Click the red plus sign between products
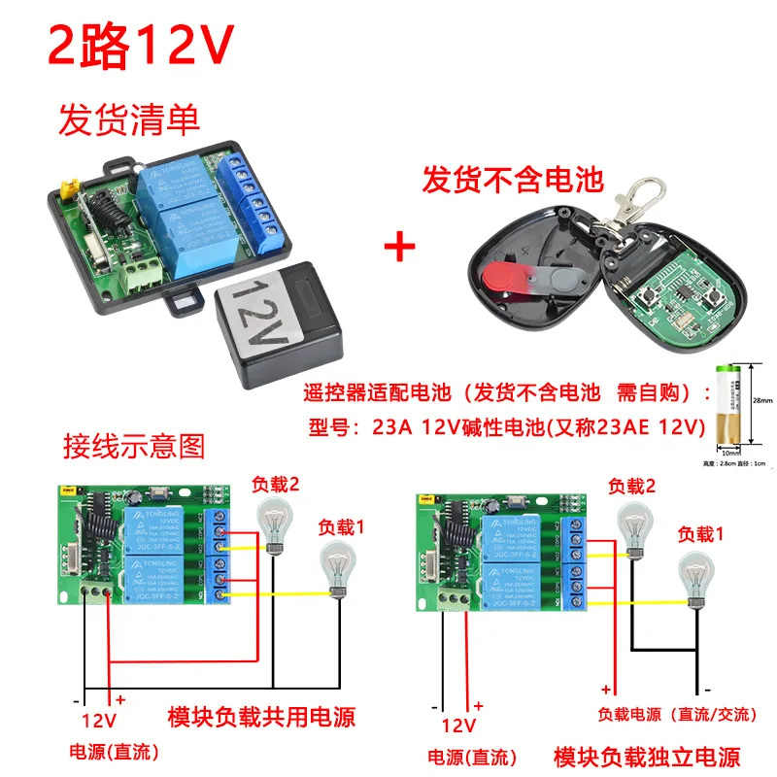[x=398, y=246]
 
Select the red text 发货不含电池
[x=513, y=180]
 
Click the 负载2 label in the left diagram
[x=278, y=482]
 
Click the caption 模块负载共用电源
[x=261, y=718]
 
